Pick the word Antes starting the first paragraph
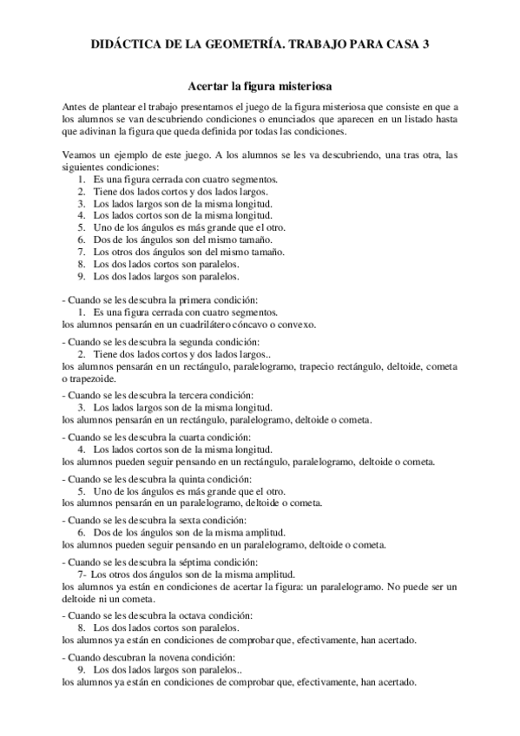click(76, 105)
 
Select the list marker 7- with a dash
click(82, 575)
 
